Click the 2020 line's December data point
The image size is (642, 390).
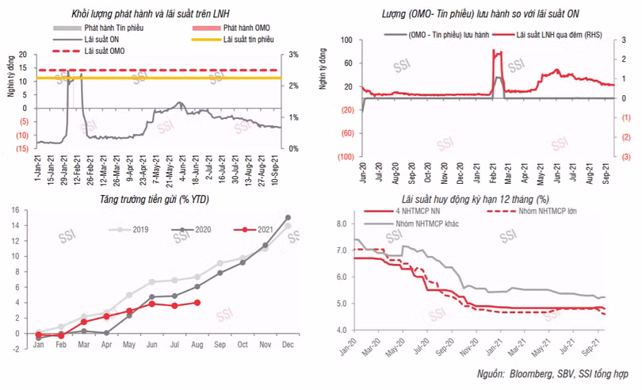pyautogui.click(x=288, y=217)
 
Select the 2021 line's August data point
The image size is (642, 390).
pyautogui.click(x=197, y=303)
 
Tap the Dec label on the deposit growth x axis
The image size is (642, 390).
pyautogui.click(x=288, y=346)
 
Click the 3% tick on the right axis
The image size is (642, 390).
pyautogui.click(x=293, y=54)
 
